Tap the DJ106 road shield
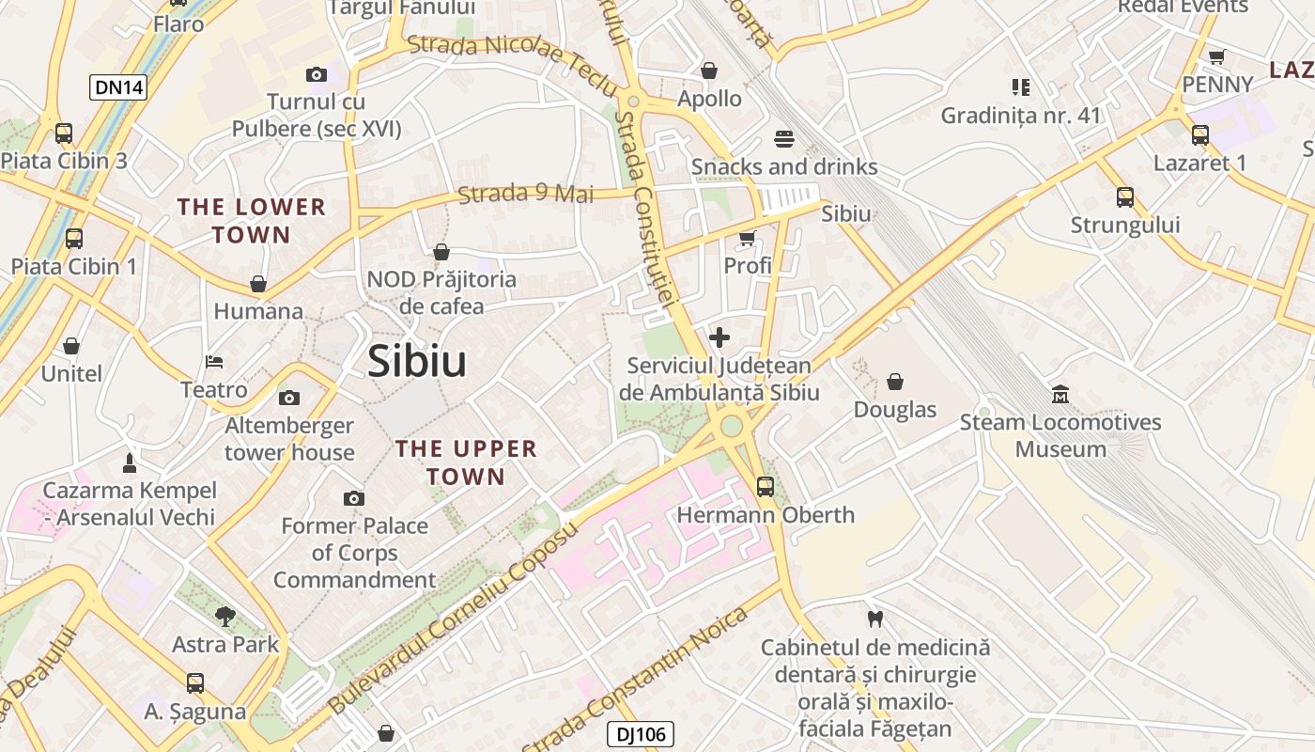click(x=641, y=734)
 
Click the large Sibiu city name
click(x=417, y=361)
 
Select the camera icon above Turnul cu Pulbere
click(x=317, y=74)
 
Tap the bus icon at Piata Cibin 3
click(x=64, y=133)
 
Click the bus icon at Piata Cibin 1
click(x=74, y=239)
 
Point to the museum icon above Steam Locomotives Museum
click(x=1060, y=394)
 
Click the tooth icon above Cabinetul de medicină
click(x=875, y=619)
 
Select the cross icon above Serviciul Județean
click(x=719, y=337)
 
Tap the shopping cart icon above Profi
click(x=748, y=239)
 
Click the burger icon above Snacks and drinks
click(x=785, y=139)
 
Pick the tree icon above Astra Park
click(x=224, y=617)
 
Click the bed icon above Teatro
click(x=214, y=362)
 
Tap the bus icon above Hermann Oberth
click(x=766, y=487)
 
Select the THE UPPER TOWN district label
click(x=466, y=462)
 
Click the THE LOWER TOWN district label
click(x=252, y=220)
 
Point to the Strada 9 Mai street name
click(x=526, y=194)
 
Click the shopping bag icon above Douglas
click(x=895, y=382)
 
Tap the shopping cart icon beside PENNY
click(x=1217, y=56)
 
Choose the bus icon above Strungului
click(x=1125, y=197)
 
